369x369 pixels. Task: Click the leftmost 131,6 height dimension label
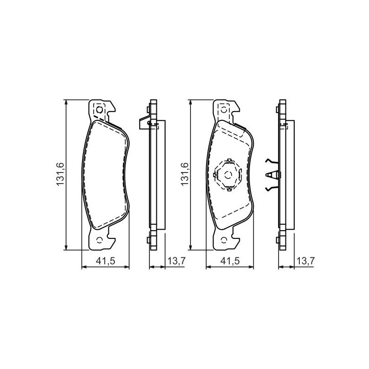(60, 174)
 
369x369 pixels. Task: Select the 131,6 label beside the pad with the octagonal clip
(184, 174)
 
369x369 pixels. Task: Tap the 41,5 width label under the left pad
(106, 261)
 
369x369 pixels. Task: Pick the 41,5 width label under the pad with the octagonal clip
(230, 261)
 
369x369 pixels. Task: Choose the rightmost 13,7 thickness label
(305, 261)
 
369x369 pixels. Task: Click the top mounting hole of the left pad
(100, 110)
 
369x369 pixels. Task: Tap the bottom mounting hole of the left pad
(100, 240)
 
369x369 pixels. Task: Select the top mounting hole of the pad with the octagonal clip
(224, 110)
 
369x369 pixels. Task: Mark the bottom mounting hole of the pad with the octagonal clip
(224, 240)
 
